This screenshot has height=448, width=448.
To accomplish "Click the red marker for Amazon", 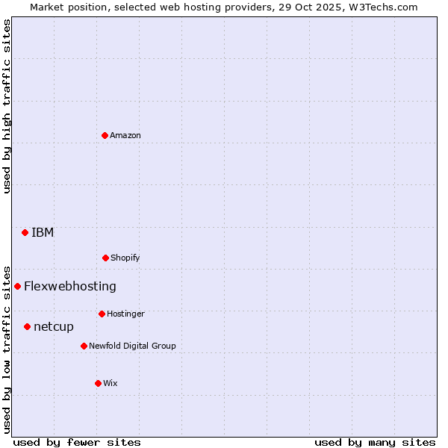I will point(105,135).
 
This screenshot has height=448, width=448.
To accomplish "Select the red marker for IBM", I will point(25,232).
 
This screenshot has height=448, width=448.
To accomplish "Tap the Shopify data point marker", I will point(105,258).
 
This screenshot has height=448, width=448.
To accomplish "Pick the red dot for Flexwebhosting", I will point(17,286).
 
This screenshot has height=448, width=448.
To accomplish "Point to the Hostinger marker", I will point(102,314).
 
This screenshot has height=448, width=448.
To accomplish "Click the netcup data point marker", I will point(27,326).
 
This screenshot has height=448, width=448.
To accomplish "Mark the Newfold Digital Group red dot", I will point(84,346).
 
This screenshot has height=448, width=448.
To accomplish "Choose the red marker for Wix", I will point(98,383).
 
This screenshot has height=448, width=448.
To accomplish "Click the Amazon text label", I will point(125,135).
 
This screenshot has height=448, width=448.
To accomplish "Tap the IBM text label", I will point(43,232).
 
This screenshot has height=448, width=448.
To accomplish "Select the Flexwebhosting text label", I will point(70,286).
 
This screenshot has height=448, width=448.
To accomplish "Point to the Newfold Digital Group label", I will point(132,346).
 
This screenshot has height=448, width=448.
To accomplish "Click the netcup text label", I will point(54,326).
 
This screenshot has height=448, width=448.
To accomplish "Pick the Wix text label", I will point(111,383).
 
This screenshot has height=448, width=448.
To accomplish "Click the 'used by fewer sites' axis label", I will point(77,442).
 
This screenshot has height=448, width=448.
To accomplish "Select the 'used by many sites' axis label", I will point(375,442).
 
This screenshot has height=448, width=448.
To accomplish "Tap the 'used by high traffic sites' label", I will point(7,106).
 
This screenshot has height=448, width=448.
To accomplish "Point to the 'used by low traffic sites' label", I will point(7,349).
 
